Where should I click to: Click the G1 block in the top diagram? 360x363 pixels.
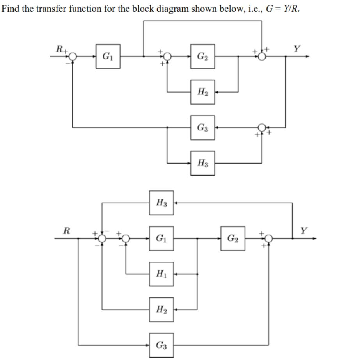pos(108,57)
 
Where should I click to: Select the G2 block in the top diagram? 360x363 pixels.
pos(202,57)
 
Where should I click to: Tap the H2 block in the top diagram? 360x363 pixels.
pos(202,92)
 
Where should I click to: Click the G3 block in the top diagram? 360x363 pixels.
pos(202,128)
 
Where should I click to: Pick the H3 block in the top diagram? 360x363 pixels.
pos(202,163)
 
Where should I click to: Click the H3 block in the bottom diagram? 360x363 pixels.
pos(161,203)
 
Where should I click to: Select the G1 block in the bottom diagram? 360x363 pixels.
pos(161,238)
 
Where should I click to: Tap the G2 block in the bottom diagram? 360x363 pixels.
pos(233,238)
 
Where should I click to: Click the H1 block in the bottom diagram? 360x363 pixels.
pos(161,274)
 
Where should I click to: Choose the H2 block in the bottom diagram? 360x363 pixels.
pos(161,309)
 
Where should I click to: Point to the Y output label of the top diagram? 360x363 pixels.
pos(297,49)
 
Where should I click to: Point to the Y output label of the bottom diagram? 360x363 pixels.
pos(304,230)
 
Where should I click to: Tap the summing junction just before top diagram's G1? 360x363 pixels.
pos(73,57)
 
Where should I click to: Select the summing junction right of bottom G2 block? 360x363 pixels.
pos(268,238)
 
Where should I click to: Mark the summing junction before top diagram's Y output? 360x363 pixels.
pos(262,57)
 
